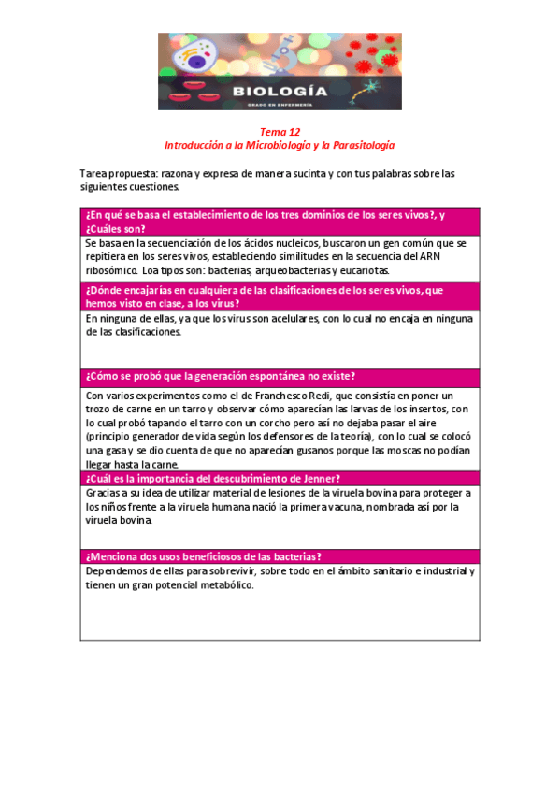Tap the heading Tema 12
pos(280,133)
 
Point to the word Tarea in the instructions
pos(96,174)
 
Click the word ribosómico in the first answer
pos(110,270)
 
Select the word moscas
pos(382,451)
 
